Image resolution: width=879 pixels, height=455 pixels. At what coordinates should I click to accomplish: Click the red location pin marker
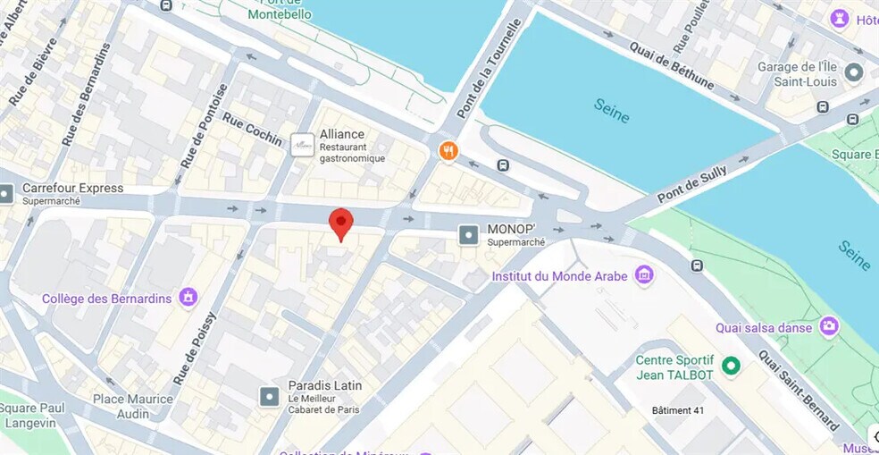coord(341,222)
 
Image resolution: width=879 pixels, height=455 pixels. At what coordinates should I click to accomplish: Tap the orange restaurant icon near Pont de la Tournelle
coord(448,151)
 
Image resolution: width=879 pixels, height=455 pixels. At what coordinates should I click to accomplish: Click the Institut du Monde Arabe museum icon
coord(644,276)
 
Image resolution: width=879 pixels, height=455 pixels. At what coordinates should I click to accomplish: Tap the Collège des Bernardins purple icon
coord(188,298)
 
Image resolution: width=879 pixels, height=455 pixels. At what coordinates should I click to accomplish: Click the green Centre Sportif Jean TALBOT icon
coord(731,365)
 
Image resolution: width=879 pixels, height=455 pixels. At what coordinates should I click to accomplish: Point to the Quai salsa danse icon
coord(829,327)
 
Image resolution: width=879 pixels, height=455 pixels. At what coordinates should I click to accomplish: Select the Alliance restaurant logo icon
coord(303,145)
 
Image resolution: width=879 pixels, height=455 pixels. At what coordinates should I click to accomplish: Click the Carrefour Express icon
coord(6,193)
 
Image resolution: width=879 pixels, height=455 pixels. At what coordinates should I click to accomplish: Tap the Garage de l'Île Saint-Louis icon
coord(854,72)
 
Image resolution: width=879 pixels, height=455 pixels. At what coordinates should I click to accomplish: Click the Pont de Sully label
coord(692,184)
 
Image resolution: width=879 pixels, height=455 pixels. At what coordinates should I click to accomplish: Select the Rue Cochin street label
coord(252,130)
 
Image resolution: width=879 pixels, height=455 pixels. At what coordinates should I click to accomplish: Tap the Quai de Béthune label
coord(671,65)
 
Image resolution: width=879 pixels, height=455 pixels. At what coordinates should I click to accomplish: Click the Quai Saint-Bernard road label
coord(798,390)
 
